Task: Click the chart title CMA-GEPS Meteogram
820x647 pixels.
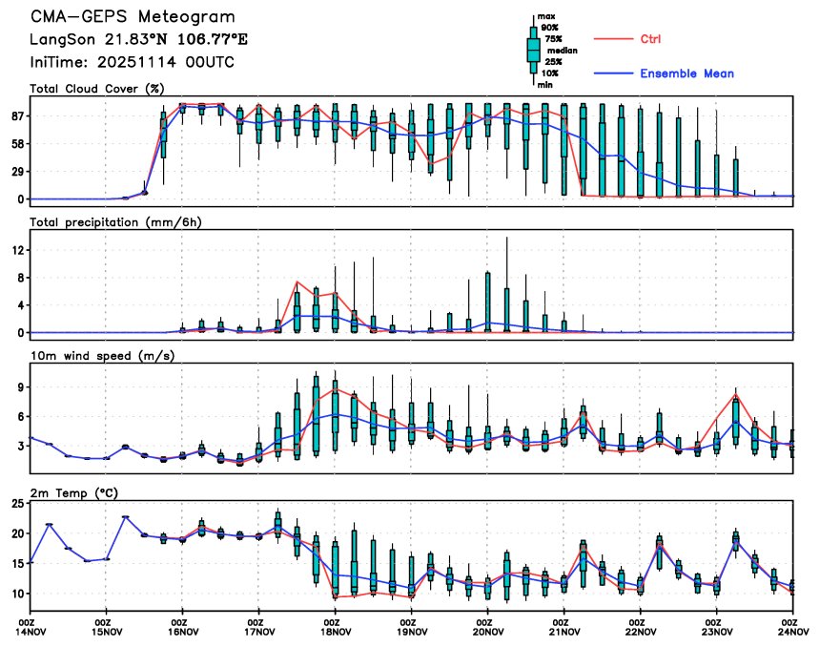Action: (132, 18)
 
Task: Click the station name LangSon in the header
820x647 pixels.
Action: (59, 40)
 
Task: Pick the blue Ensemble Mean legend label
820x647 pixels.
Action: (687, 73)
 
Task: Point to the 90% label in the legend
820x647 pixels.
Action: (549, 28)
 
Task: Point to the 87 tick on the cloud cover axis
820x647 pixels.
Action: (17, 115)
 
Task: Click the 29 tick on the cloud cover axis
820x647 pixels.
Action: (17, 172)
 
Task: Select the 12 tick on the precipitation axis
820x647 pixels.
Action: (17, 250)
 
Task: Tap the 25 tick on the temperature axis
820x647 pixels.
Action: (17, 503)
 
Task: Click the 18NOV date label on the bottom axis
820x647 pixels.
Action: (336, 631)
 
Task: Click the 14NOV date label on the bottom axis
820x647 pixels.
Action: (31, 631)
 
